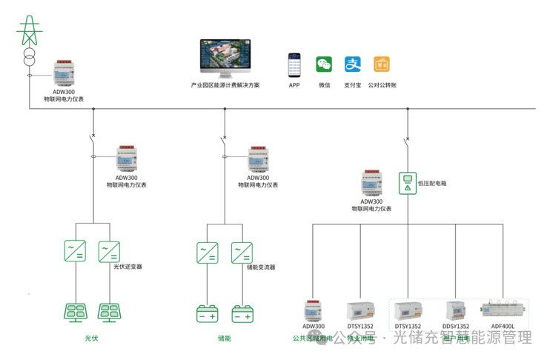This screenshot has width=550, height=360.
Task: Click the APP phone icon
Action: click(x=295, y=65)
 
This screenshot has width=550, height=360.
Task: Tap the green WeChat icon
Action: click(x=324, y=65)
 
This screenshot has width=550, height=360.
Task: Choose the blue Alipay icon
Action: click(x=353, y=65)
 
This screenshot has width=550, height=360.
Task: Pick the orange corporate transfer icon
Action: click(x=382, y=65)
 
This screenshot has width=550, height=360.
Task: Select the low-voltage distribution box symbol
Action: click(x=406, y=182)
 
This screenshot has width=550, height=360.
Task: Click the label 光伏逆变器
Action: click(x=127, y=267)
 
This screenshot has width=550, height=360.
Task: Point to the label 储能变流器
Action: click(x=260, y=267)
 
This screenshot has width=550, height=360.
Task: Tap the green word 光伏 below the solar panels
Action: click(x=91, y=339)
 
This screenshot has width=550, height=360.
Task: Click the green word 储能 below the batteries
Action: click(x=225, y=339)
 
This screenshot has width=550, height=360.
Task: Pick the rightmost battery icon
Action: click(x=242, y=314)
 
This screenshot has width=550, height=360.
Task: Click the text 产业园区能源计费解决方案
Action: click(x=225, y=86)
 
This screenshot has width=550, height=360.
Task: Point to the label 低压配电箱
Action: click(x=432, y=182)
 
